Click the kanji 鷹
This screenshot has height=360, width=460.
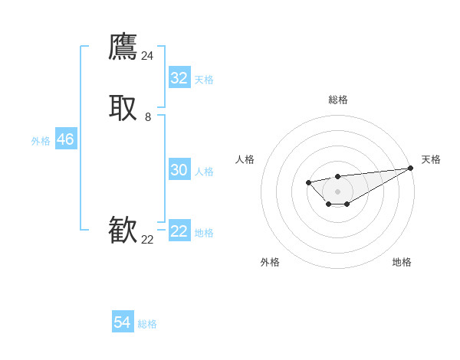click(x=123, y=47)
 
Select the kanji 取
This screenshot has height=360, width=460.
click(x=123, y=108)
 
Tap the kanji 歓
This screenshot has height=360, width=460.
click(x=123, y=231)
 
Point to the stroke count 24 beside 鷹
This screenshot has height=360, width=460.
click(x=147, y=56)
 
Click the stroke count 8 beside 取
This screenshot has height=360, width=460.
click(x=148, y=117)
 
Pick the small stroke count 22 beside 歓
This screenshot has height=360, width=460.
click(x=147, y=240)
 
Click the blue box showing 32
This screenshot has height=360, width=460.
click(x=179, y=78)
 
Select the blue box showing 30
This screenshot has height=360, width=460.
click(x=179, y=170)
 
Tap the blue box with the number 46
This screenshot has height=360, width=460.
click(x=65, y=139)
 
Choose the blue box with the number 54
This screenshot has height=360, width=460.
click(x=123, y=322)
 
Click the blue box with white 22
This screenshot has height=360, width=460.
click(x=179, y=231)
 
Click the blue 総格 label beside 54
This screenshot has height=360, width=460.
click(x=147, y=324)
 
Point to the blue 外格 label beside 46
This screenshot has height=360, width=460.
click(x=41, y=141)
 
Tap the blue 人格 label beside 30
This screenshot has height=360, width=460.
click(x=204, y=172)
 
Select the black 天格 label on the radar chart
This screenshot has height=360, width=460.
click(x=431, y=159)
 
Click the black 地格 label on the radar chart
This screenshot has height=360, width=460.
click(x=402, y=262)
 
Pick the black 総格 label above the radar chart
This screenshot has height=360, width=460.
click(x=337, y=100)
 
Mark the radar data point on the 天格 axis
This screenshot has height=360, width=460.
click(x=411, y=168)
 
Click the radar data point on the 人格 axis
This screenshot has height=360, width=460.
click(x=308, y=182)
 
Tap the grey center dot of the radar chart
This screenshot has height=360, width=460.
click(x=337, y=191)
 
